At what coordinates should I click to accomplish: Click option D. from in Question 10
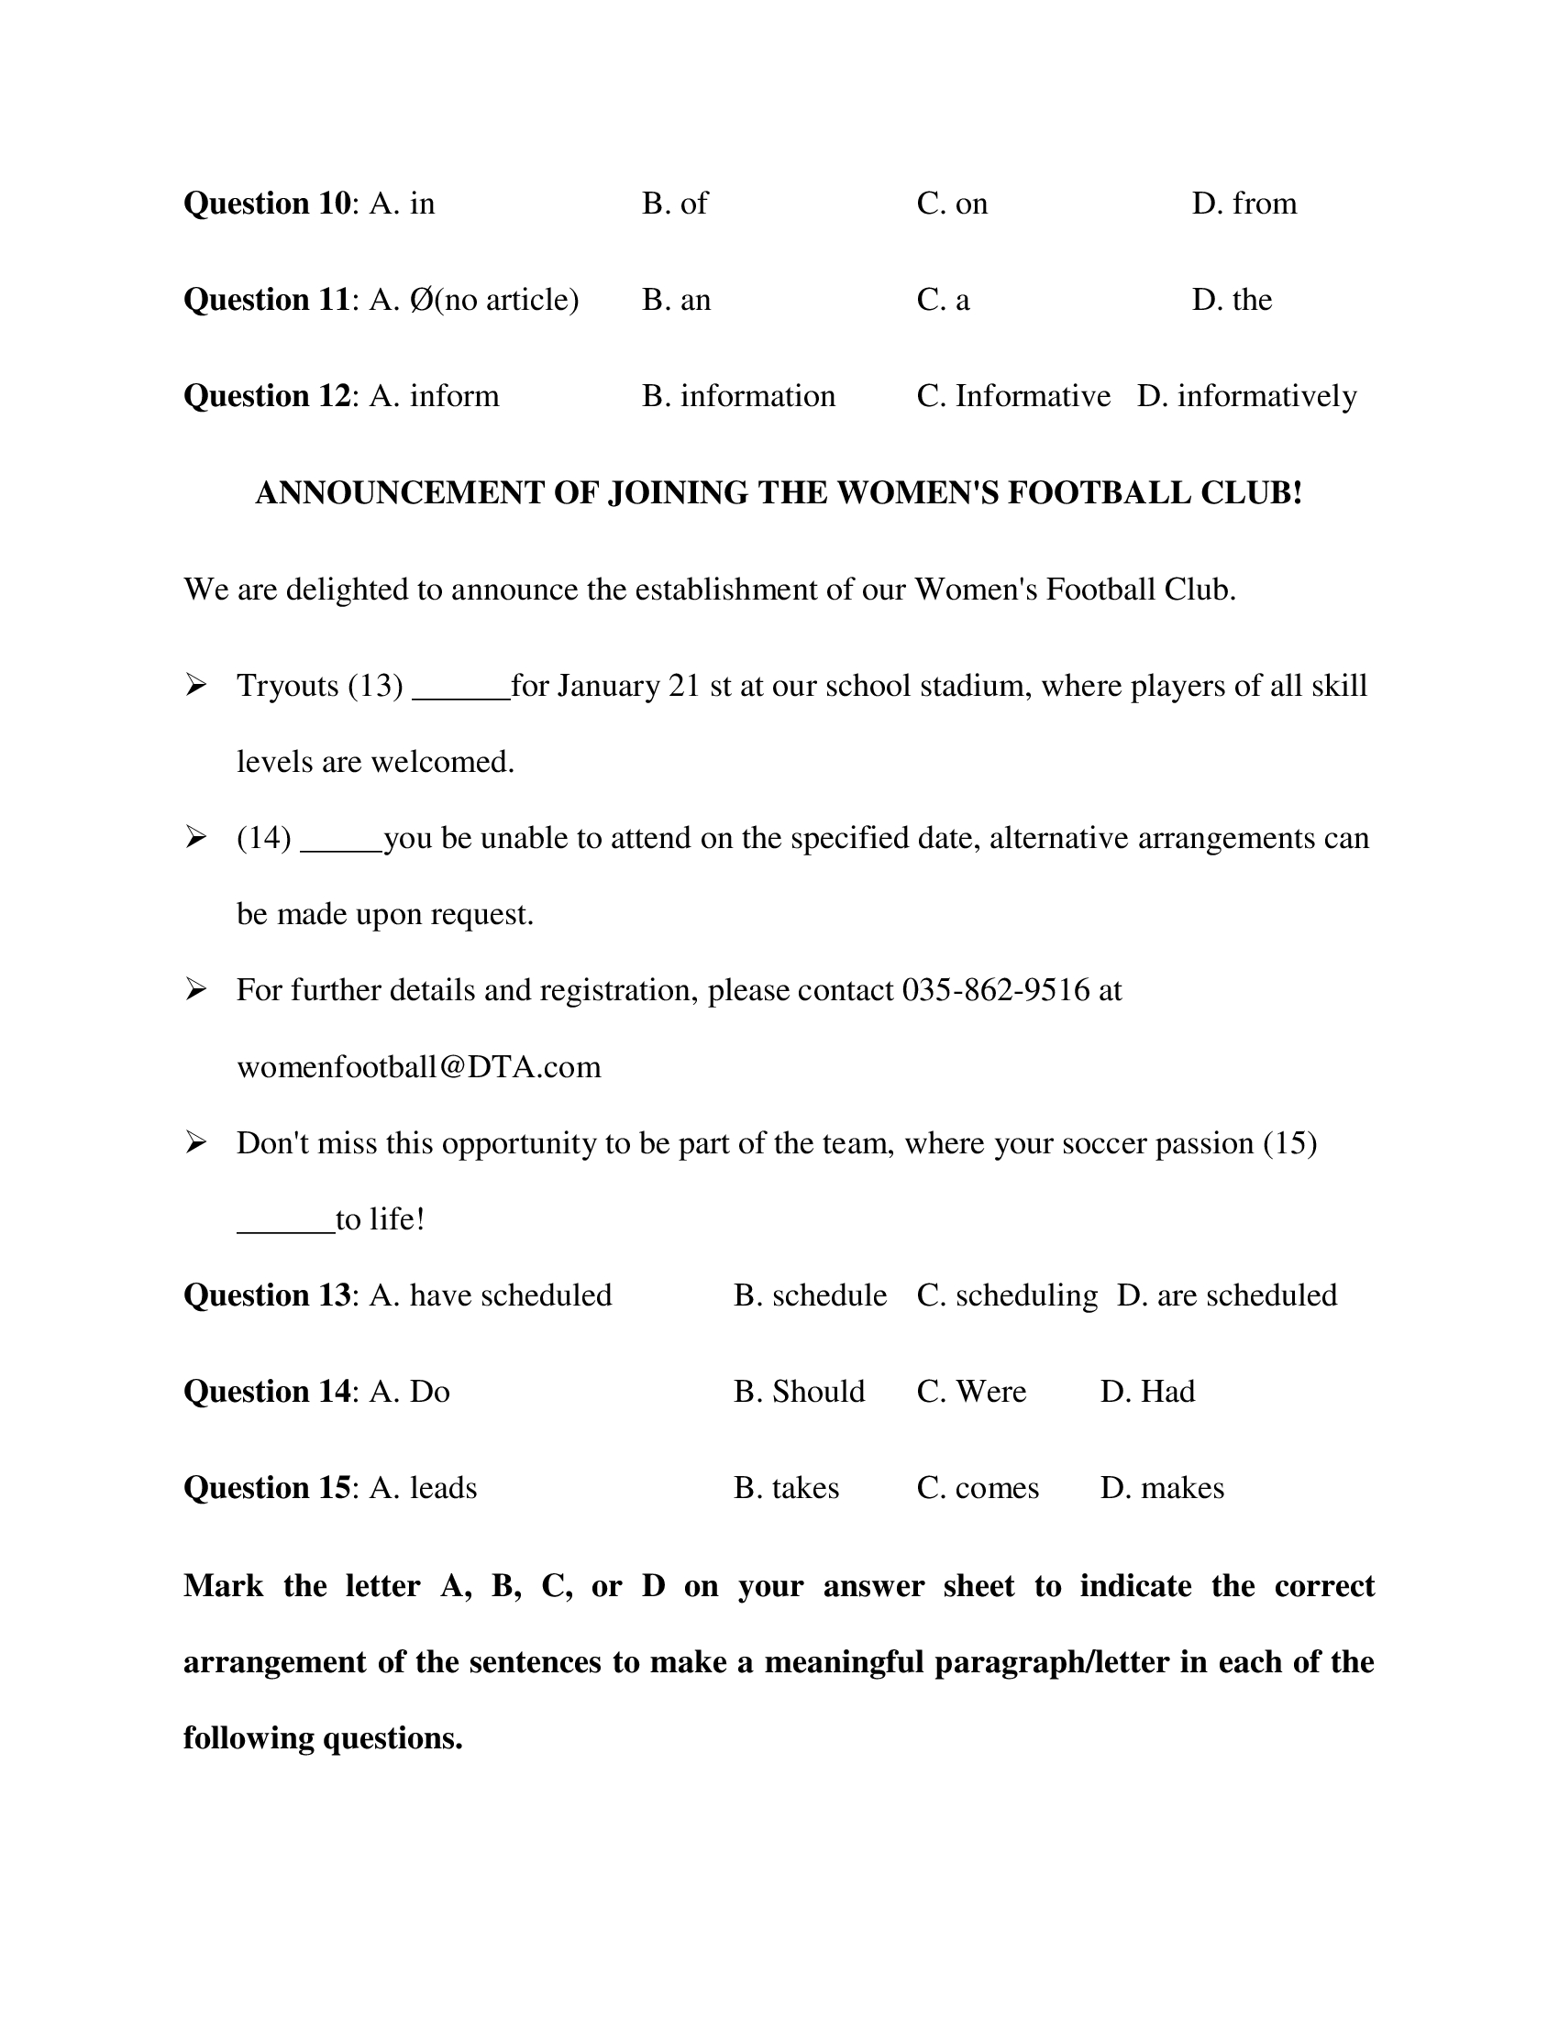1244,204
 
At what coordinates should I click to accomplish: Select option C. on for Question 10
951,204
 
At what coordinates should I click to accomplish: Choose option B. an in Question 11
676,299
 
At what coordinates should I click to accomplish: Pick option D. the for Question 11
1231,299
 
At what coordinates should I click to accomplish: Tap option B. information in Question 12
738,396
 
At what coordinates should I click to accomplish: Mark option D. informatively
1247,396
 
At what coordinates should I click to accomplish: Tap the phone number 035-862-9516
996,990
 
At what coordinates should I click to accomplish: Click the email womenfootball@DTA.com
418,1067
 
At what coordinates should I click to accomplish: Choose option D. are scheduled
1226,1295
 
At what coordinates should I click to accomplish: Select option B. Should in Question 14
799,1392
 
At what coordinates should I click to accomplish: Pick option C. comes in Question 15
978,1488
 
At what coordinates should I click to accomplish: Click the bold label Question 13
267,1295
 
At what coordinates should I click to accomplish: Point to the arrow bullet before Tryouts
194,685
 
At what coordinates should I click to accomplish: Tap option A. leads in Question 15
423,1488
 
